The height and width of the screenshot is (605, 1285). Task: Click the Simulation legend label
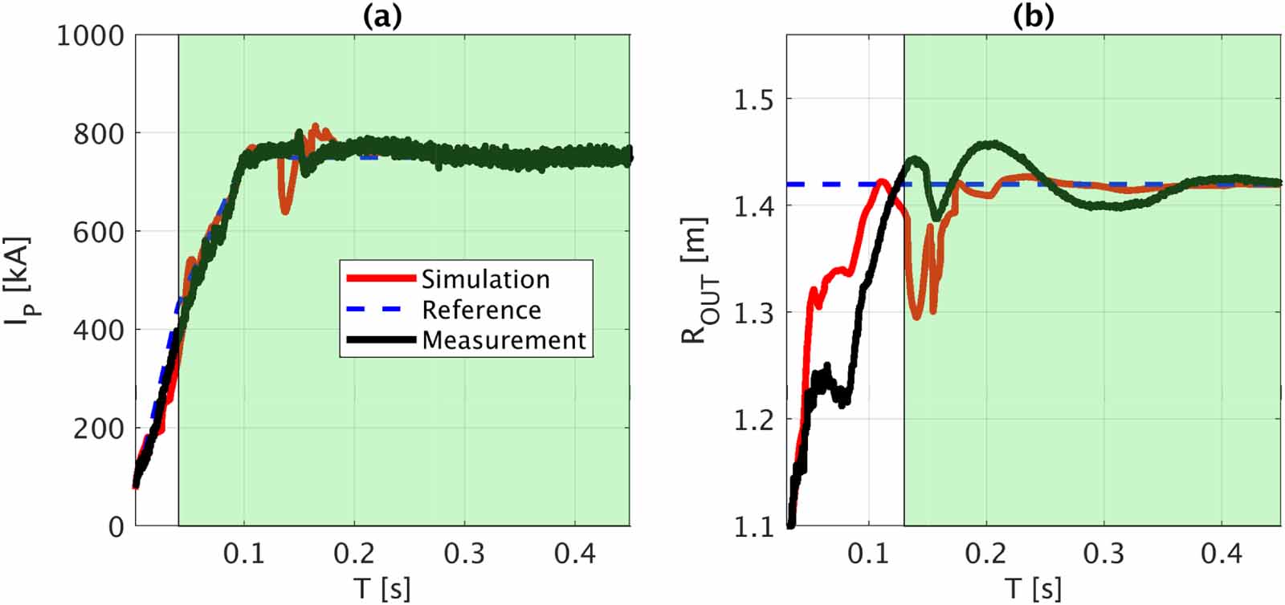(x=485, y=279)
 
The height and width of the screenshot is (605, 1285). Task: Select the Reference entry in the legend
(x=481, y=310)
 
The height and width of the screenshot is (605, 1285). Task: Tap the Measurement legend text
(x=504, y=340)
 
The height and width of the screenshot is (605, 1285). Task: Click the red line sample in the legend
(x=381, y=279)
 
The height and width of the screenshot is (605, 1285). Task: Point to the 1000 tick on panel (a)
(x=90, y=36)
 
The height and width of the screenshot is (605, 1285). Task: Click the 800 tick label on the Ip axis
(x=99, y=134)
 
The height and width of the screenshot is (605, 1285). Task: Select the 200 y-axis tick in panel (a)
(x=99, y=428)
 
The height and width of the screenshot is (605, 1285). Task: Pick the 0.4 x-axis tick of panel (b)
(x=1221, y=554)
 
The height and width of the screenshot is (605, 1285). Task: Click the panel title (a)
(x=381, y=17)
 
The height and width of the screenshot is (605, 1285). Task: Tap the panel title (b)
(x=1033, y=17)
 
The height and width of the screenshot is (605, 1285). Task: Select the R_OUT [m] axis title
(x=696, y=281)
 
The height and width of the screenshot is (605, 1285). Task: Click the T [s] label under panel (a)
(x=382, y=588)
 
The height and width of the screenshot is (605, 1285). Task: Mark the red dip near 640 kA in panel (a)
(x=285, y=210)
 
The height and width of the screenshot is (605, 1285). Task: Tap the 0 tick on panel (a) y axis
(x=116, y=527)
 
